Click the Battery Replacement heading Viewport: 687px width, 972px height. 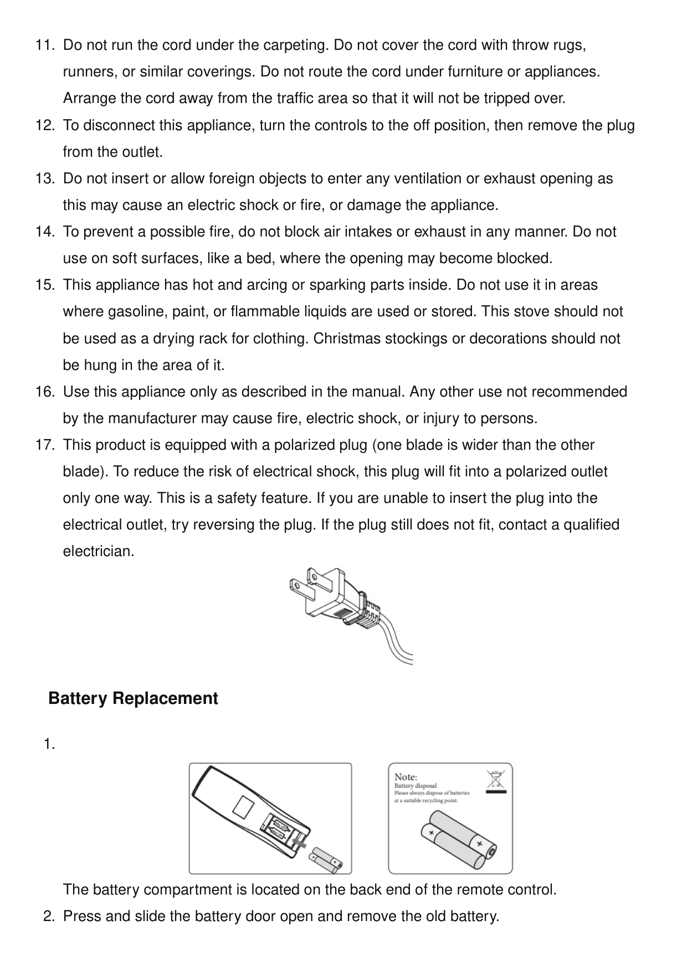(133, 698)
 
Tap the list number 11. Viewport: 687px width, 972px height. (45, 45)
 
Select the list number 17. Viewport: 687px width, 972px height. (45, 445)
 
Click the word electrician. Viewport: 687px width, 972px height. (98, 552)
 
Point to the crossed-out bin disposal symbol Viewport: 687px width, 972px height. (495, 780)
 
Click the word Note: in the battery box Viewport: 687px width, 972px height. (406, 777)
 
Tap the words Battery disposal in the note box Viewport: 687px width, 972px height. (415, 786)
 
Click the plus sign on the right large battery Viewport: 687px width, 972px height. (479, 844)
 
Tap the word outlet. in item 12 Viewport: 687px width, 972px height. (145, 152)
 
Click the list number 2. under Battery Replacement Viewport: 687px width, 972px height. (49, 917)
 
